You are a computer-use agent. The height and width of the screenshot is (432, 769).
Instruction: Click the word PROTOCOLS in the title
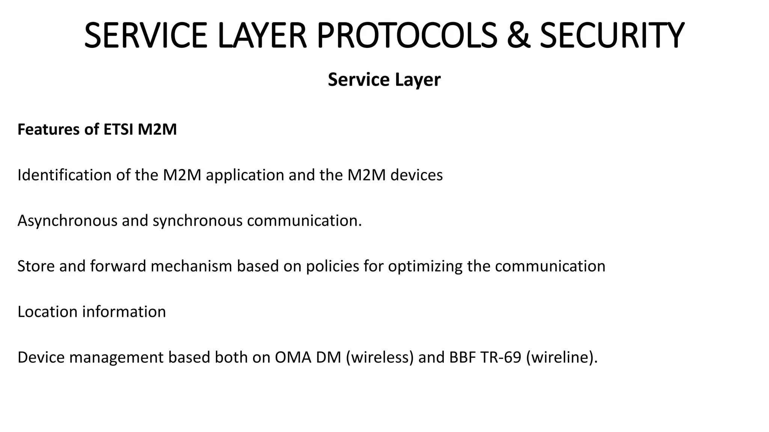click(407, 35)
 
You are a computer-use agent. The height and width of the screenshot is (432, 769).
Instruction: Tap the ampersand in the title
click(518, 35)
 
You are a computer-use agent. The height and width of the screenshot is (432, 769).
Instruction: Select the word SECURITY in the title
click(612, 35)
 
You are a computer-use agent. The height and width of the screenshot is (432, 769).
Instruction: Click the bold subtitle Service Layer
click(384, 80)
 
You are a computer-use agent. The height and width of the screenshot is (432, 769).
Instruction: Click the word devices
click(416, 175)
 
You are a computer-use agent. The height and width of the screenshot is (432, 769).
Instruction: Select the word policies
click(333, 266)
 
